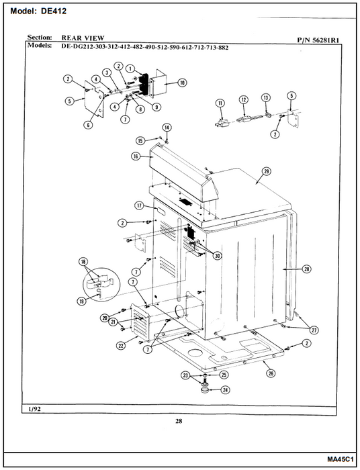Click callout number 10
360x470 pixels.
(x=183, y=83)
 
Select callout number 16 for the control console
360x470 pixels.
(x=136, y=156)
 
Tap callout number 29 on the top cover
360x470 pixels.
(x=266, y=171)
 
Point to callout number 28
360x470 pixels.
(x=307, y=269)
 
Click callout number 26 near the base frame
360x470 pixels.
(x=271, y=373)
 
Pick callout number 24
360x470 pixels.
(x=225, y=390)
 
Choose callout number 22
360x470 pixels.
(x=120, y=346)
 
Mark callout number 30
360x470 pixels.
(x=217, y=255)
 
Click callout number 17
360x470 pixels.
(x=139, y=205)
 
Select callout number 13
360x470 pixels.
(x=265, y=98)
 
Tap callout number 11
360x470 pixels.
(x=220, y=103)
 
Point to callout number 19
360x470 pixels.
(x=81, y=301)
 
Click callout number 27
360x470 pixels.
(x=314, y=330)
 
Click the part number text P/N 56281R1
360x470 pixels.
(x=318, y=40)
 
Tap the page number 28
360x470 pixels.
(x=179, y=421)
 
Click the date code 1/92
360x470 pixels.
(x=34, y=409)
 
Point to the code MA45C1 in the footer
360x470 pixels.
(x=341, y=459)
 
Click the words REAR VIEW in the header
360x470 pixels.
(x=83, y=38)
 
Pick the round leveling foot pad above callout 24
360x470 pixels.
(x=205, y=390)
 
